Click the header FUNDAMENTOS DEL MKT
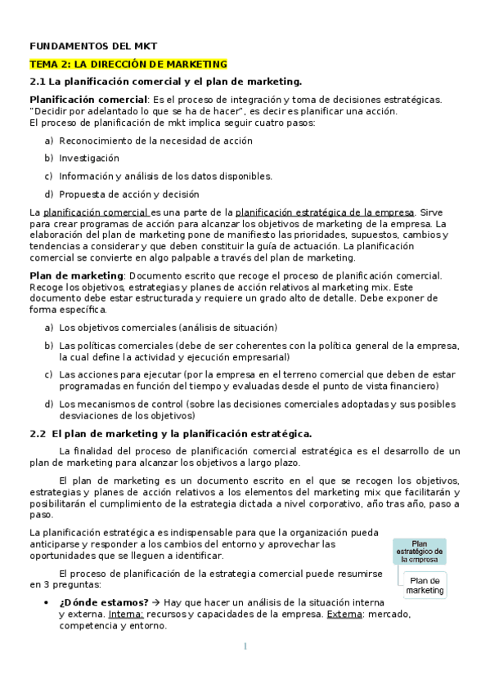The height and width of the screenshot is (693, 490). pos(93,46)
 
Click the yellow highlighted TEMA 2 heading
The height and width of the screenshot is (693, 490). pos(128,64)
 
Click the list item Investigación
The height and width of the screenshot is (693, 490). pos(89,158)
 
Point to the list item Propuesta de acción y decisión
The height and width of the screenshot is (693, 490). pos(128,194)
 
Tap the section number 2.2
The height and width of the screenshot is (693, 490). pos(38,434)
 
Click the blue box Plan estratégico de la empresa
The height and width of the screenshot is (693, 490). pos(418,551)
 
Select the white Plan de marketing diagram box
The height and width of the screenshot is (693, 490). pos(425,584)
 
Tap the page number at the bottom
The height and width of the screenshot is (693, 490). pos(245,646)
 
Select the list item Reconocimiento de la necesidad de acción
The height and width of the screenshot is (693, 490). pos(155,141)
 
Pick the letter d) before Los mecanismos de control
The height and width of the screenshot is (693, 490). pos(48,404)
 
